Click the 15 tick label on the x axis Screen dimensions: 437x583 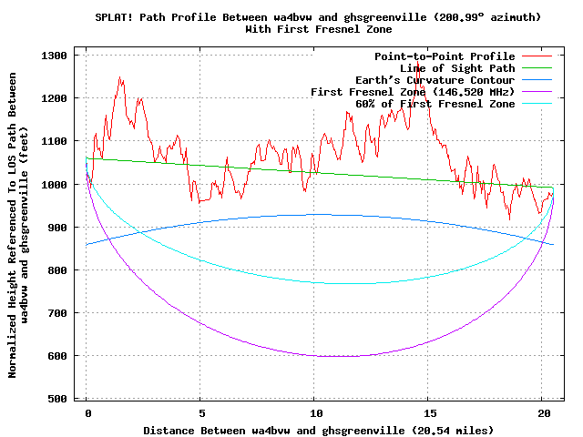[x=428, y=412]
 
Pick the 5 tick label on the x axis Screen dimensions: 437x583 [x=200, y=412]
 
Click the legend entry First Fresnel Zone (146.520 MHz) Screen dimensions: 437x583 [x=413, y=92]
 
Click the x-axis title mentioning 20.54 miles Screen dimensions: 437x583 [x=318, y=429]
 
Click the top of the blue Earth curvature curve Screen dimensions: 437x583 [x=314, y=214]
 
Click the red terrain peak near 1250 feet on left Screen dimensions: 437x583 [x=120, y=77]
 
